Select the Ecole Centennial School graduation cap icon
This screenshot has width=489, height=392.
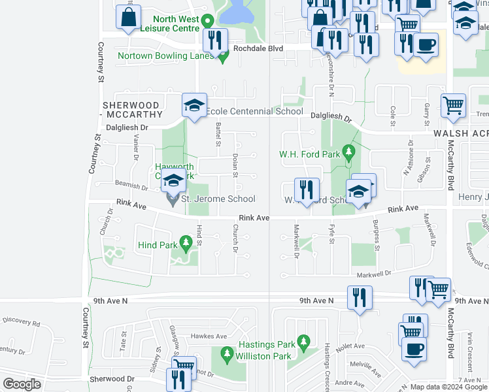click(x=194, y=105)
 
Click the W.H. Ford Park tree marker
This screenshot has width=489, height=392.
click(x=348, y=154)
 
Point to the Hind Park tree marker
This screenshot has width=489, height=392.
click(x=185, y=245)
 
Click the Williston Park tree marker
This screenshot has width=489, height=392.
click(x=227, y=355)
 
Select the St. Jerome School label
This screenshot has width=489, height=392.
click(x=218, y=199)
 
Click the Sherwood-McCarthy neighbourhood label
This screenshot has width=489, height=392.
click(x=131, y=110)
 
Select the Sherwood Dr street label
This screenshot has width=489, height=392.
click(x=112, y=379)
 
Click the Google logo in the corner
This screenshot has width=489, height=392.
click(x=21, y=384)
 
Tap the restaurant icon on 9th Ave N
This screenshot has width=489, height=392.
click(x=359, y=297)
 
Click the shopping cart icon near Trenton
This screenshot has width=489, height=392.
click(x=453, y=105)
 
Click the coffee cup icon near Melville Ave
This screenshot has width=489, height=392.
click(x=413, y=348)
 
